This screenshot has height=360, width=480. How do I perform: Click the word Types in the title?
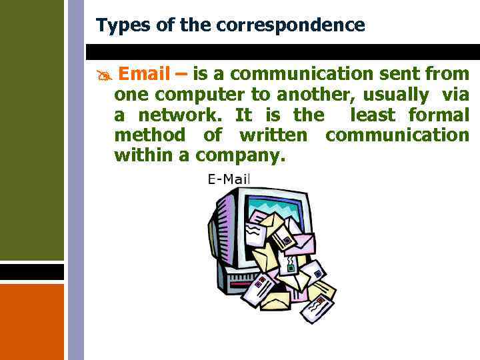point(118,25)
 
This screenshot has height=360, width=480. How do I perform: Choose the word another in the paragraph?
point(311,95)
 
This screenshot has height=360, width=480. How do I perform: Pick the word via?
point(455,95)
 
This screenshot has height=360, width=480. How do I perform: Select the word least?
point(373,115)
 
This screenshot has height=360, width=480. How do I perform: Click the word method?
point(150,135)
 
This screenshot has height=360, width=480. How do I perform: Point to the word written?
point(273,135)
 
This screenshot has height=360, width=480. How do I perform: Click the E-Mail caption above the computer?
point(229,179)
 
